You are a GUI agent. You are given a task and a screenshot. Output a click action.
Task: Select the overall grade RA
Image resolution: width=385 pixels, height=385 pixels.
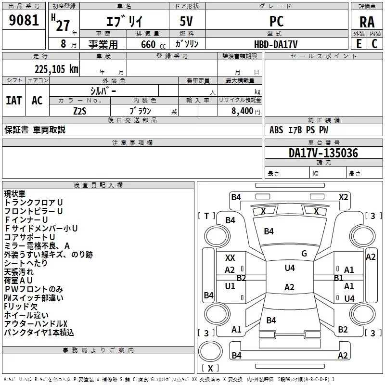click(x=367, y=22)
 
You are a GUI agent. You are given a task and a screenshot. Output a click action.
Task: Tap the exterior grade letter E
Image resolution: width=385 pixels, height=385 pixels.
click(x=359, y=44)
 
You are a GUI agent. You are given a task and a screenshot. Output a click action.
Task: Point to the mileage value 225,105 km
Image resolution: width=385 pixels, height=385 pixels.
click(x=56, y=69)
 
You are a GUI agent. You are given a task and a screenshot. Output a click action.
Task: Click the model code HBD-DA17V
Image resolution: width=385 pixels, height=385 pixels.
click(x=276, y=44)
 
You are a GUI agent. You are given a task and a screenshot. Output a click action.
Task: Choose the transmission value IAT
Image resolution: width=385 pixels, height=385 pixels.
click(x=13, y=100)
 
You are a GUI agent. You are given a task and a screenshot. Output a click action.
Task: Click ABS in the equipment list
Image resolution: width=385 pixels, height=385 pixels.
click(x=276, y=130)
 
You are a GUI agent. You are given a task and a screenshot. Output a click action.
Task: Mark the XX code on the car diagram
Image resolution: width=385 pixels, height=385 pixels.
click(x=230, y=258)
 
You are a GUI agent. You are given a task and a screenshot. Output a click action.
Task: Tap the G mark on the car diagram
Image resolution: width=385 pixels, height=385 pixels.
click(x=304, y=254)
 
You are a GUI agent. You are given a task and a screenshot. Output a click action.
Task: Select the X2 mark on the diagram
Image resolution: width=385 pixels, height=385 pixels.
click(x=343, y=197)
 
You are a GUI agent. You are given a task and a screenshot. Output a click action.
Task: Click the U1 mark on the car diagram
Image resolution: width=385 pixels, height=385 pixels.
click(x=230, y=286)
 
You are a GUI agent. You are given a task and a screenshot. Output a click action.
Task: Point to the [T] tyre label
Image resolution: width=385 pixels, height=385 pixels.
click(x=206, y=216)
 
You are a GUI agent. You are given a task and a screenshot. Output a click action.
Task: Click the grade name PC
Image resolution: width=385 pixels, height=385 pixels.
click(x=276, y=22)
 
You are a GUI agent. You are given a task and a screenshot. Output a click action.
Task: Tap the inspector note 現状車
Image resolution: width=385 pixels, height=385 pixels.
click(x=15, y=194)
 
